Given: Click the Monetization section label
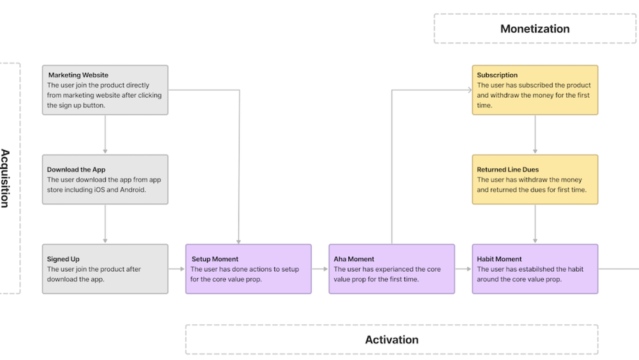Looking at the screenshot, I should [535, 29].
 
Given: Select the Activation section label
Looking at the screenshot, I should [392, 340].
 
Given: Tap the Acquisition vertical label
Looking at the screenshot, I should [5, 178].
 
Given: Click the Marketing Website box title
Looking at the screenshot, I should [78, 75].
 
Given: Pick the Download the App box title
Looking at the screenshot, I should [76, 170].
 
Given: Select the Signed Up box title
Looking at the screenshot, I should [63, 260].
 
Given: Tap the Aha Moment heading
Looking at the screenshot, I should [354, 260].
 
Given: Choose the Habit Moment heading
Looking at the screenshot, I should [499, 260].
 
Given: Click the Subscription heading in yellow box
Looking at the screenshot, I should [497, 75].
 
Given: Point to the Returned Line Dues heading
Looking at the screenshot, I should [507, 170].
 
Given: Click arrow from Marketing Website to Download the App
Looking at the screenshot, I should [105, 134].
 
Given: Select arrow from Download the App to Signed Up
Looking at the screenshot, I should [105, 224].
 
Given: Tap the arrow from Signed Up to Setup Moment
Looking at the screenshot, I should [177, 269].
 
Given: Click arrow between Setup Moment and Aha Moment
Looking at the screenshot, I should [320, 269].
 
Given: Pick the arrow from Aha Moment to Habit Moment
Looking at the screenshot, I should [463, 269].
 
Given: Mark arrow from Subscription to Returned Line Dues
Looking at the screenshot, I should [535, 134].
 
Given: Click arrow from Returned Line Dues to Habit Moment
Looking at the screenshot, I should [535, 224].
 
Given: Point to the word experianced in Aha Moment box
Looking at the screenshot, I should [397, 270].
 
